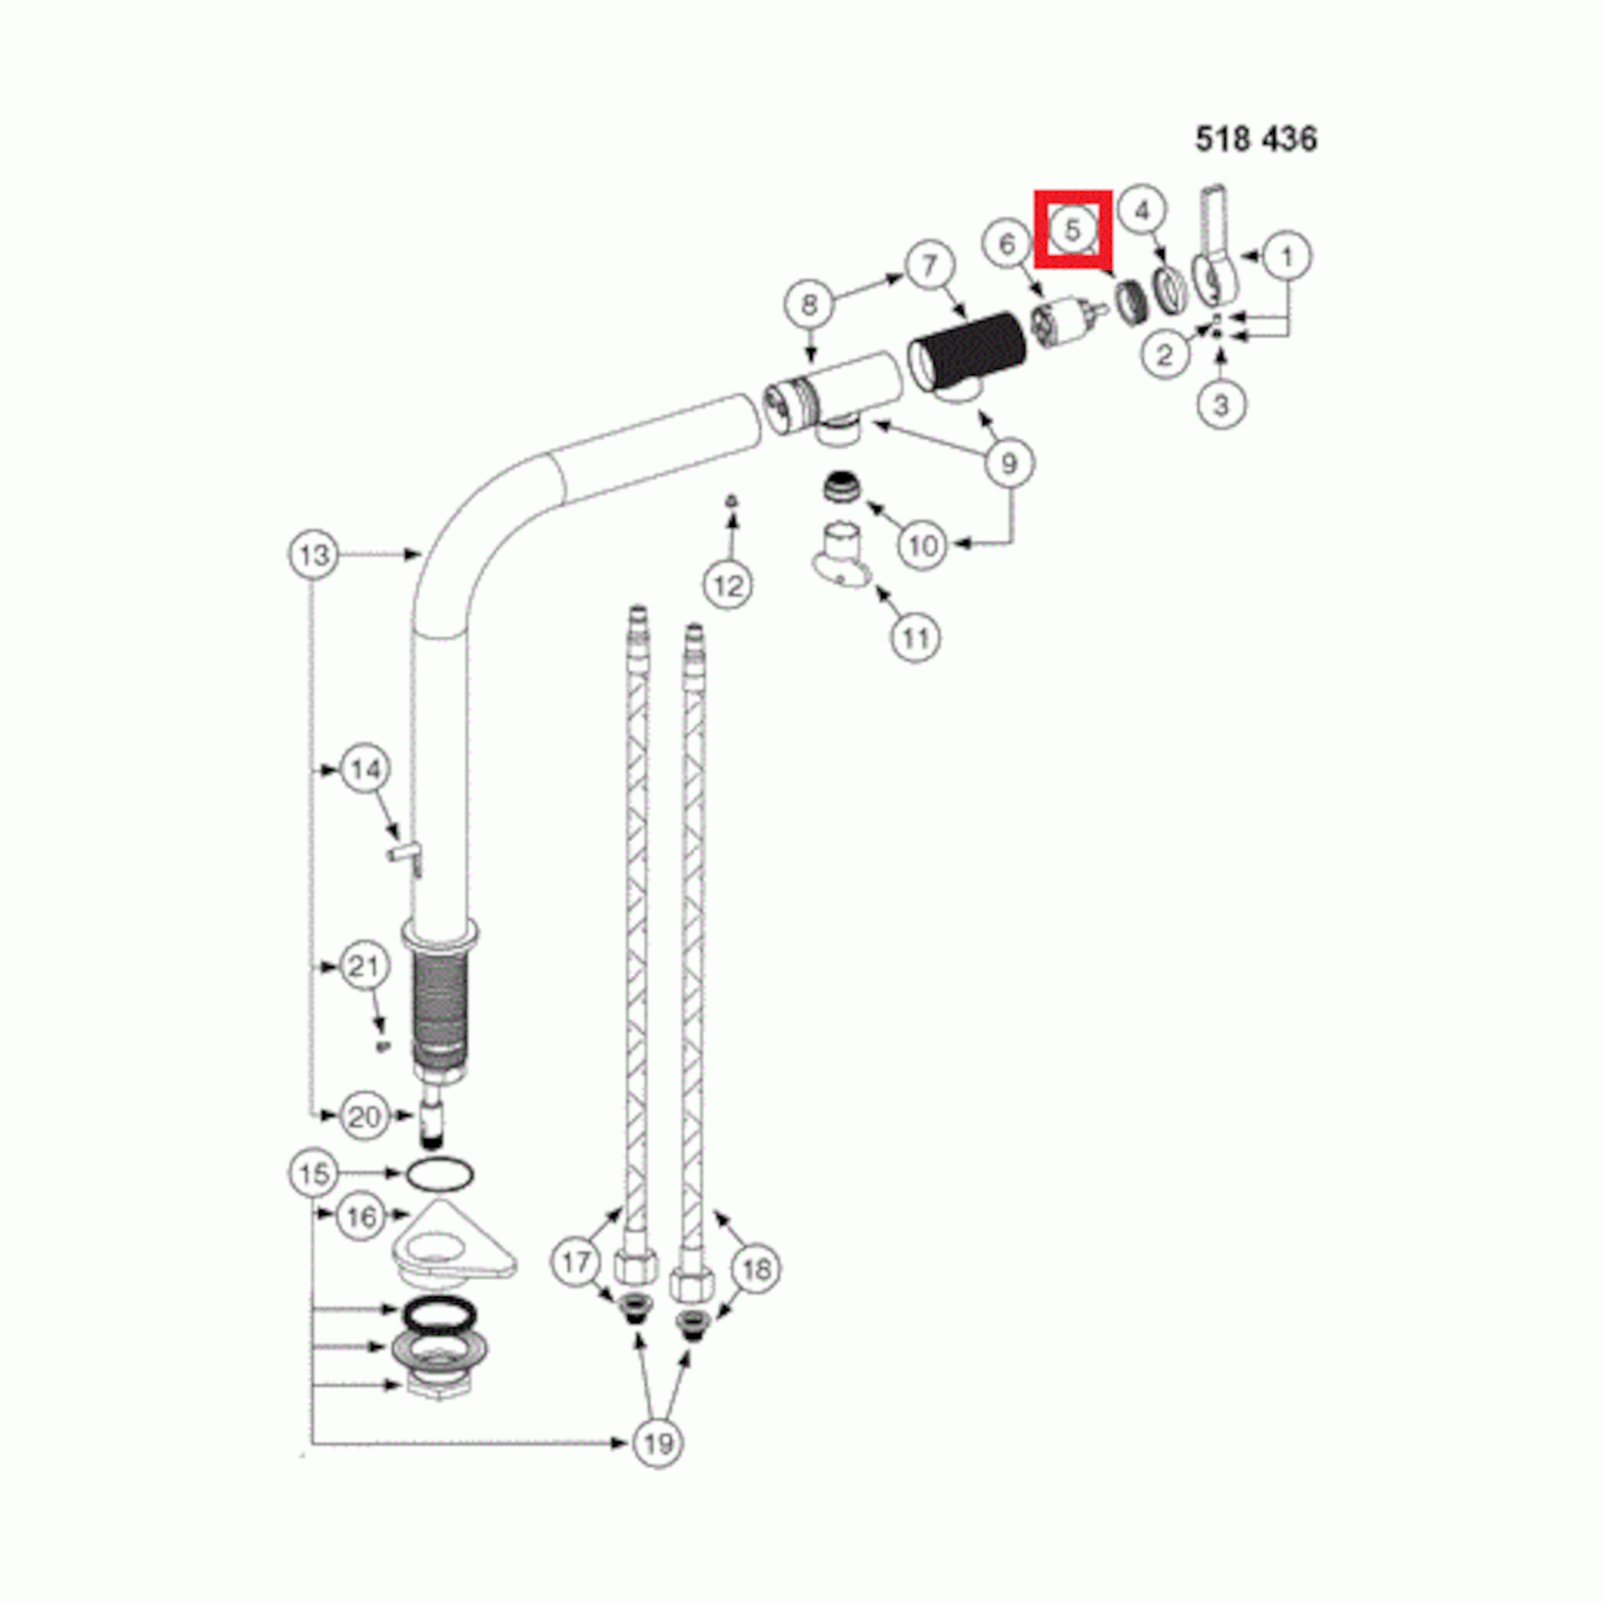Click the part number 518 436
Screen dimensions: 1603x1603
pos(1255,138)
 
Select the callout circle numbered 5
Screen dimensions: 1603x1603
pos(1072,229)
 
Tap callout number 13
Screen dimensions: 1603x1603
pos(314,554)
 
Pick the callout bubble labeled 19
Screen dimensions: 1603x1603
pos(658,1444)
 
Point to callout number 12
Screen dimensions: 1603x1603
pos(728,586)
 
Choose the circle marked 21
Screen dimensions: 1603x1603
pos(364,967)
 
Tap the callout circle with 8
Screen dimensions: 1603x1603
pos(810,305)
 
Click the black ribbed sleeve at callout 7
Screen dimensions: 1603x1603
pos(968,351)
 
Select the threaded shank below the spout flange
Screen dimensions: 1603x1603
pos(440,1007)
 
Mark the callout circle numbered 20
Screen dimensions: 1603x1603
pos(364,1117)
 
